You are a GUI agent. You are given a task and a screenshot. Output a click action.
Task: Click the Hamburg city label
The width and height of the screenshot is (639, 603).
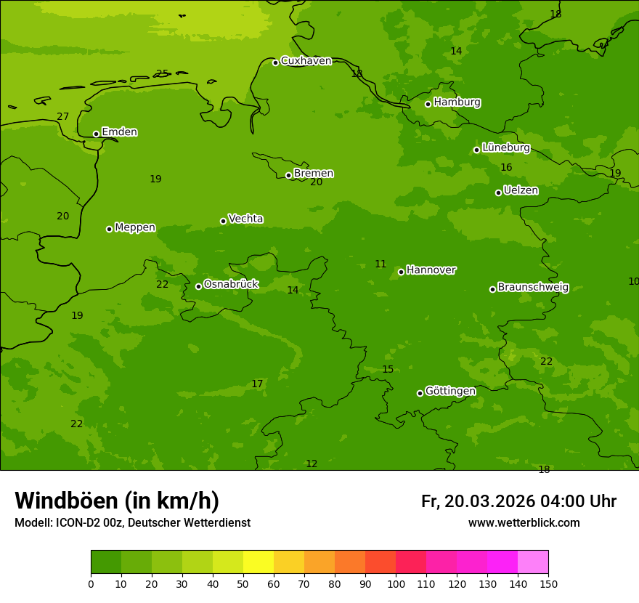[x=457, y=102]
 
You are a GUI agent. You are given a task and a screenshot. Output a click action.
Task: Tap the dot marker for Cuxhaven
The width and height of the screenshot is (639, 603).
[x=275, y=62]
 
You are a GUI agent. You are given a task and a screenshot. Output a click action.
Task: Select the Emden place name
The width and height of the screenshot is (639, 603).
[x=119, y=132]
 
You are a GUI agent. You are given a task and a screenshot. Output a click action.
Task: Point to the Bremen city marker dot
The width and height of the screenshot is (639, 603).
[x=288, y=175]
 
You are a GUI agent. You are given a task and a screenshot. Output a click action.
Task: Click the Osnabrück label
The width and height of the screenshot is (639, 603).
[x=231, y=284]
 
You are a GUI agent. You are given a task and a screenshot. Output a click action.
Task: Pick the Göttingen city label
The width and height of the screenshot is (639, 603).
[x=450, y=391]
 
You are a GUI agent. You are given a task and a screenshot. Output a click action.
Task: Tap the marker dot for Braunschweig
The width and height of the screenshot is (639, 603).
[x=492, y=289]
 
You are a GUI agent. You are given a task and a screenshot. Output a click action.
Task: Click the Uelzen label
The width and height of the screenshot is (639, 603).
[x=521, y=190]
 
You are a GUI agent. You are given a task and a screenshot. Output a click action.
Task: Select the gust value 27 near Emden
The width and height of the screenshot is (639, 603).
[x=63, y=117]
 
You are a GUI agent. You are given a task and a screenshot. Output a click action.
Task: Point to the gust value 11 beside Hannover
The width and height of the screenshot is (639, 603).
[x=380, y=264]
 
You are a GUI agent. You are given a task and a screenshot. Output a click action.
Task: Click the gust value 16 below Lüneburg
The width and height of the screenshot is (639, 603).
[x=506, y=168]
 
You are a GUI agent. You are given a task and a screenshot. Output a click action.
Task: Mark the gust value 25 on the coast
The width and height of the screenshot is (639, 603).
[x=162, y=73]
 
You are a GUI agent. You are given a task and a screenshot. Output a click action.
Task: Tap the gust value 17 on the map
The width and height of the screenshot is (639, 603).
[x=257, y=384]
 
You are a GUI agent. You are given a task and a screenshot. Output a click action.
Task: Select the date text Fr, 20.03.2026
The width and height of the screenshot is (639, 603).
[x=478, y=502]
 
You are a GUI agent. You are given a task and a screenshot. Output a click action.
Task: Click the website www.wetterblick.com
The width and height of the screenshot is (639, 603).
[x=524, y=523]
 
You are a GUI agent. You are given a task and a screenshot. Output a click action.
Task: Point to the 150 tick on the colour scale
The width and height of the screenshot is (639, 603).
[x=548, y=583]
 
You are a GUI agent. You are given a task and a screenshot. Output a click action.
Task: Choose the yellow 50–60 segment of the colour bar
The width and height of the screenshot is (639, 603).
[x=259, y=562]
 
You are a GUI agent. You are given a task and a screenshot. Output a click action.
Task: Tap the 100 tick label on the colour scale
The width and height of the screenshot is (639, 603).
[x=396, y=583]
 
